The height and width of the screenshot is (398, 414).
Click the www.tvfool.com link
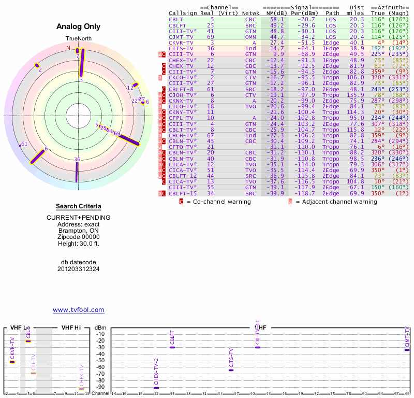coord(78,310)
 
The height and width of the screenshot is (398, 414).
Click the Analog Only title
coord(78,26)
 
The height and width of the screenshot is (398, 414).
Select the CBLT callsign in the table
coord(176,19)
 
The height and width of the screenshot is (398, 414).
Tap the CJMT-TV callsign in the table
coord(180,37)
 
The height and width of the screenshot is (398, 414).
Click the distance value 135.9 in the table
coord(356,95)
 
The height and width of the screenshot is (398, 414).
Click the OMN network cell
coord(250,37)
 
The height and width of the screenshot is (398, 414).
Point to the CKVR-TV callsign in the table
coord(180,42)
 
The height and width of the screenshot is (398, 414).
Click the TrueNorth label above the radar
coord(78,39)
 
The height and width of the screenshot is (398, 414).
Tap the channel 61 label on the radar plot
coord(24,144)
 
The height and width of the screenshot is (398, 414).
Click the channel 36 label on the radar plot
coord(77,159)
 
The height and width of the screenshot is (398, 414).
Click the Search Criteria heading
coord(78,206)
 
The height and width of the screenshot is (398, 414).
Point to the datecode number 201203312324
coord(78,269)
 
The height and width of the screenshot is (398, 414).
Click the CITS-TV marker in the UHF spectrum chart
coord(231,370)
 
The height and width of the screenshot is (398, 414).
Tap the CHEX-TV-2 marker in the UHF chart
coord(156,388)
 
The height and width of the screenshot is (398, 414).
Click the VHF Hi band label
coord(71,328)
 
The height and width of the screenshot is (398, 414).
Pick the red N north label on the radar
coord(68,48)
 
